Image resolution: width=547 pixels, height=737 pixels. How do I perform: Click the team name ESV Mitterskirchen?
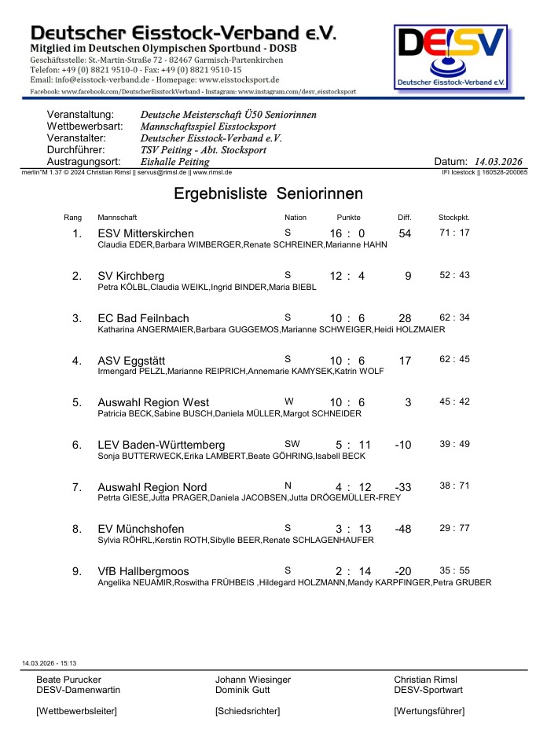(x=145, y=233)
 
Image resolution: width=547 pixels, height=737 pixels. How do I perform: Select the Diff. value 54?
(x=405, y=233)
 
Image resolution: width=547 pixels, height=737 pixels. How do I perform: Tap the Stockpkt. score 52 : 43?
(x=454, y=275)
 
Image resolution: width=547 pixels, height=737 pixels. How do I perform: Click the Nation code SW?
(x=292, y=443)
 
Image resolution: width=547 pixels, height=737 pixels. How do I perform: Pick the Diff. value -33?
(x=403, y=487)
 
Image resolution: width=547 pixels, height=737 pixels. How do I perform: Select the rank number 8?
(x=76, y=529)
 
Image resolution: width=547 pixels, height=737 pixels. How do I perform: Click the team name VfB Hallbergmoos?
(x=143, y=571)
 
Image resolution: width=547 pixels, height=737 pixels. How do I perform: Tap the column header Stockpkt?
(x=453, y=217)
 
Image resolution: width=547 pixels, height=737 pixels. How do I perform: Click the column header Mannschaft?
(x=117, y=217)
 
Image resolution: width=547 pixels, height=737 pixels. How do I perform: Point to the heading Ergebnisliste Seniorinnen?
(x=268, y=193)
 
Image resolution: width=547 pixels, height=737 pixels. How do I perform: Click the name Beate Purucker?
(x=69, y=680)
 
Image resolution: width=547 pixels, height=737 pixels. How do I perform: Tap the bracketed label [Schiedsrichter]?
(x=247, y=711)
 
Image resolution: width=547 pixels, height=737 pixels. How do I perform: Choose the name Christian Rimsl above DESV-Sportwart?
(x=425, y=680)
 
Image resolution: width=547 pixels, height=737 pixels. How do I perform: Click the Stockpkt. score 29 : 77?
(x=454, y=528)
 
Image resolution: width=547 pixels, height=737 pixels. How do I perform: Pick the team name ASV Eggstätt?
(x=131, y=361)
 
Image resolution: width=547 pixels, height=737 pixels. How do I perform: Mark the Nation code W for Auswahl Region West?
(x=288, y=401)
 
